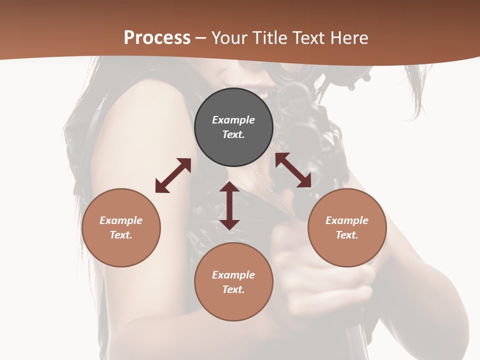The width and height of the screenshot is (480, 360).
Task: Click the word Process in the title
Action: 157,38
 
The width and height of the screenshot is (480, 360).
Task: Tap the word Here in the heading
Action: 350,38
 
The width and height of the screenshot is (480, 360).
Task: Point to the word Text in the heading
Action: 310,38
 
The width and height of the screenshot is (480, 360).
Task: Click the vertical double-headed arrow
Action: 229,205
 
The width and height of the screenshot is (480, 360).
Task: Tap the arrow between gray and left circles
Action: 173,175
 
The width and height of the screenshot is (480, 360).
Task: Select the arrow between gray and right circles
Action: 293,170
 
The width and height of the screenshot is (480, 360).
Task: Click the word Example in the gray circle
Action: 233,120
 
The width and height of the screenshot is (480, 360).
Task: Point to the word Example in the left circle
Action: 121,220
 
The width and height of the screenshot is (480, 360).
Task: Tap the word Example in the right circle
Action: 347,220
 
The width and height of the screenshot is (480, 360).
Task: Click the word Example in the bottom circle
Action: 233,275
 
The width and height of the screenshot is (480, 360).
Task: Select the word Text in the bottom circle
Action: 233,289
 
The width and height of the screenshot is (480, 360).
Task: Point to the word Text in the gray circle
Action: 233,134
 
